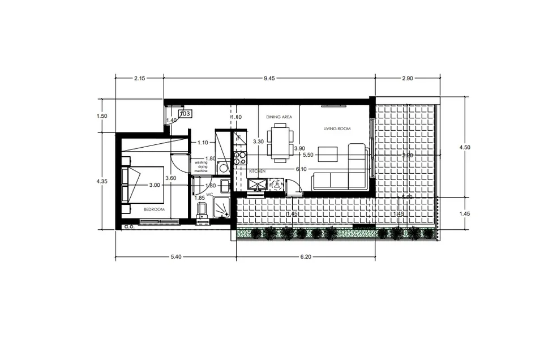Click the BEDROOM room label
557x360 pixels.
154,209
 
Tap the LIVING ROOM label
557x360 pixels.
337,129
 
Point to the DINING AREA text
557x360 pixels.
279,117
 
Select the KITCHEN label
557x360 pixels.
258,171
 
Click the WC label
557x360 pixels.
209,194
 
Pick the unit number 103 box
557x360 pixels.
185,114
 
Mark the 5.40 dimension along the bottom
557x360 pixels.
175,257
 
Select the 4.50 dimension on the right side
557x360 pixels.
466,147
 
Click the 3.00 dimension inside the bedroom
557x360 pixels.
154,185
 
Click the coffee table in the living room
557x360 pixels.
327,153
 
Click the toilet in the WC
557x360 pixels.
202,211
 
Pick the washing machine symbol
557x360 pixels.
224,168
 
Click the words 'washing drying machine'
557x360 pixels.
202,166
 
